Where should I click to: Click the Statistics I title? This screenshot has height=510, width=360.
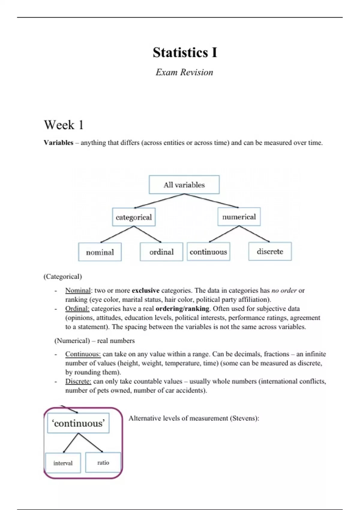coord(185,52)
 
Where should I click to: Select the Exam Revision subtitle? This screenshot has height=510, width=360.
coord(184,72)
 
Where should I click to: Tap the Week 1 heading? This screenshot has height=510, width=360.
coord(64,125)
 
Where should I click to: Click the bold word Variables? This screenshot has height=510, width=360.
coord(58,143)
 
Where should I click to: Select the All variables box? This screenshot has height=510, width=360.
coord(184,185)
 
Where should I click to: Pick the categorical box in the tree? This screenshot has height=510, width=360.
coord(134,217)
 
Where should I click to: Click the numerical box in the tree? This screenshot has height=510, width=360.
coord(239,217)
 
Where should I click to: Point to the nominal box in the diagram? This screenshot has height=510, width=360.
coord(100,252)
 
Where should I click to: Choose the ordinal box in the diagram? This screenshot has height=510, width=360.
coord(161,252)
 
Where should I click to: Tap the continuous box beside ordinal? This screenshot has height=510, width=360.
coord(208,252)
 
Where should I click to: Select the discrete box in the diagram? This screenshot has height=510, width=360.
coord(270,251)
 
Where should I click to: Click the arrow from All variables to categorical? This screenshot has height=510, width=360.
coord(159,201)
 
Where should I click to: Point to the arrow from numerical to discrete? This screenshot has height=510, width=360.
coord(254,234)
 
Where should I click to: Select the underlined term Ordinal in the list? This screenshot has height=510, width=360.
coord(77,309)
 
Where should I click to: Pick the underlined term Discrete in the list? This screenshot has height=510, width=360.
coord(78,381)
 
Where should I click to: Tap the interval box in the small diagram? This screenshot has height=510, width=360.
coord(63,463)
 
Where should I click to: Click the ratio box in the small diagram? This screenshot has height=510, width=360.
coord(103,463)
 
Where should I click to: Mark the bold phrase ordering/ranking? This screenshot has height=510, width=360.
coord(182,309)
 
